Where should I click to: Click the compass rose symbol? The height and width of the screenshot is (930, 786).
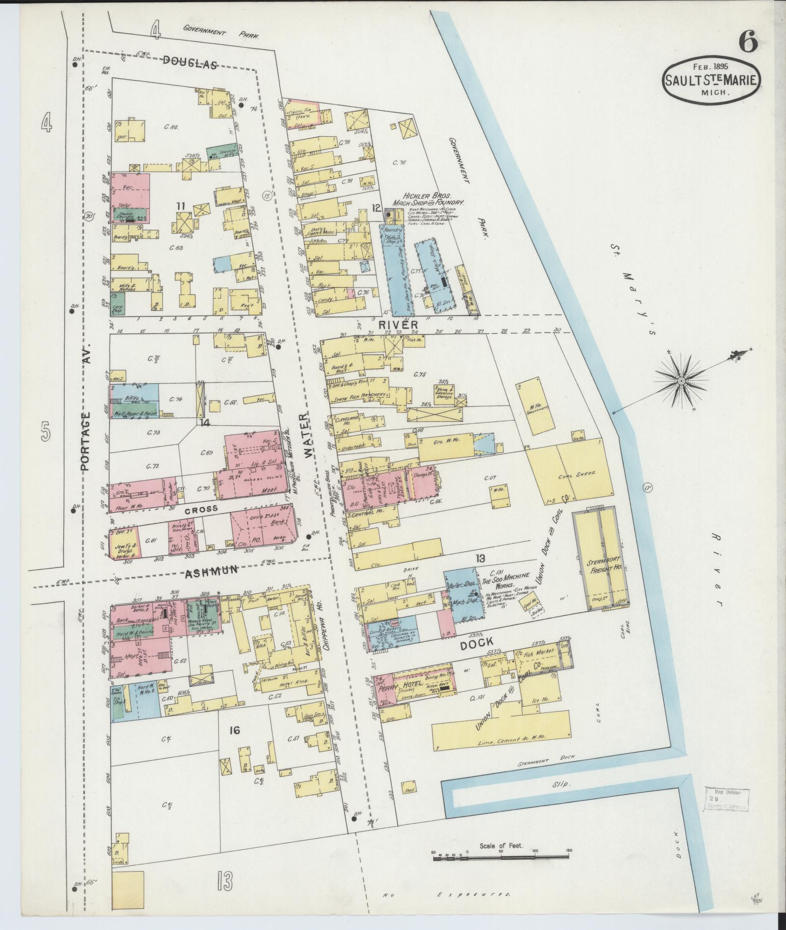pos(681,381)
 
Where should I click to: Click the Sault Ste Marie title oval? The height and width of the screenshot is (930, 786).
pos(712,81)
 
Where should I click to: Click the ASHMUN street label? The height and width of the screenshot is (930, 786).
pos(212,570)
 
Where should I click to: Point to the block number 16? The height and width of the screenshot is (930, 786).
pos(235,744)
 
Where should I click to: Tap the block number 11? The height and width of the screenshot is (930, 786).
pos(181,206)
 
